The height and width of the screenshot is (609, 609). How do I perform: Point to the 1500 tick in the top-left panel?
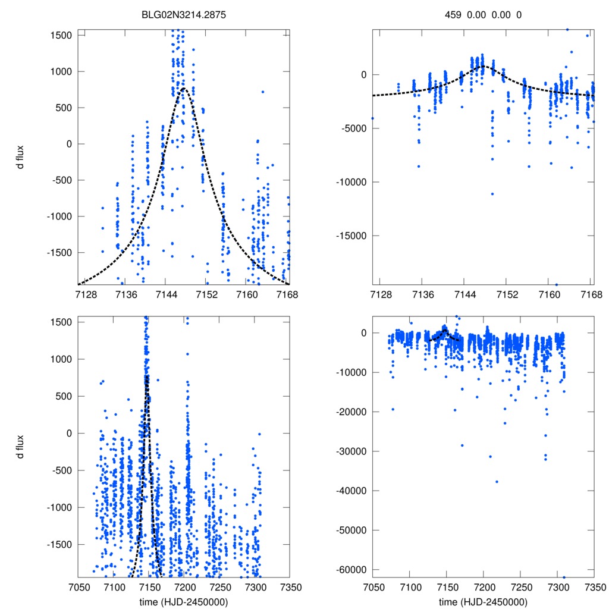point(61,35)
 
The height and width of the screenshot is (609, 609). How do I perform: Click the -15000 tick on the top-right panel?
point(350,236)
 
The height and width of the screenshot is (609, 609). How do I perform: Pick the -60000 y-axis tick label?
point(350,570)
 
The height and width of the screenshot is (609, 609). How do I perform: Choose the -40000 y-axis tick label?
point(350,491)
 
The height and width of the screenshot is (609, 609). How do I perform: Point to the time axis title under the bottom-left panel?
point(184,601)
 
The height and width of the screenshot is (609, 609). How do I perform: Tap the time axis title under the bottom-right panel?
point(483,601)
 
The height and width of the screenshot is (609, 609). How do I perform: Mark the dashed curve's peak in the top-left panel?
point(184,89)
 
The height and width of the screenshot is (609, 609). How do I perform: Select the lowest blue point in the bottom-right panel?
point(564,577)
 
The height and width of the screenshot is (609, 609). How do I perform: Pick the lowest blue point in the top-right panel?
point(556,284)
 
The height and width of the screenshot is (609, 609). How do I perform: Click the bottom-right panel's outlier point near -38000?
point(497,482)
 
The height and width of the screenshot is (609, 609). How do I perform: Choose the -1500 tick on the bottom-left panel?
point(61,544)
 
